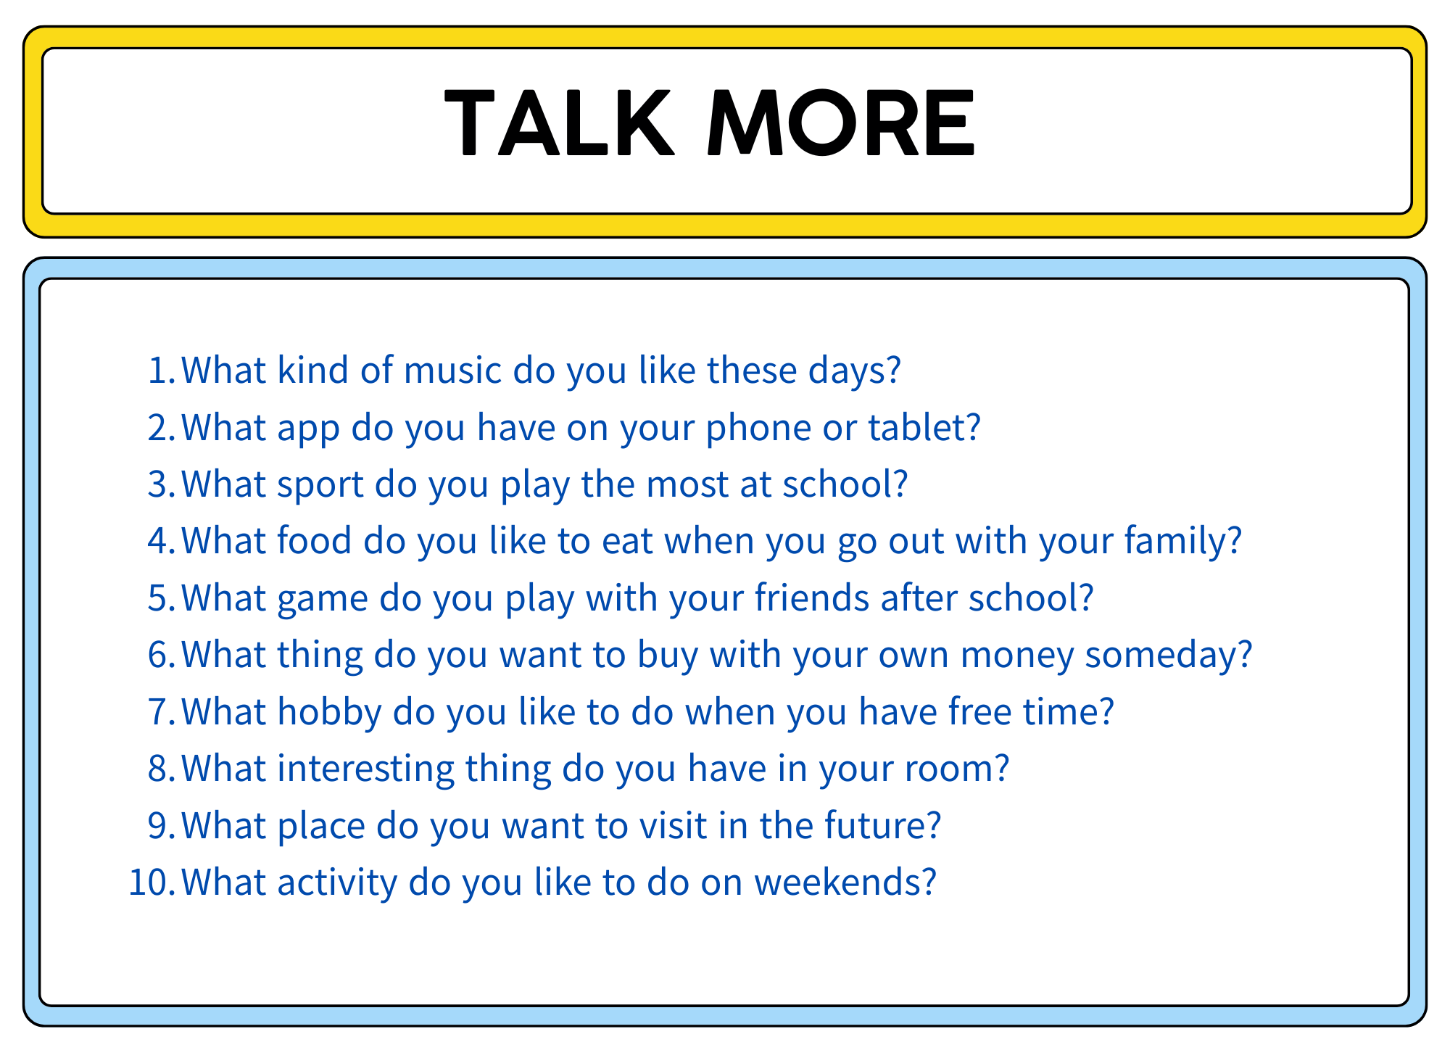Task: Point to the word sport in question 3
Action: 320,484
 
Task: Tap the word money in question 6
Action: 1017,656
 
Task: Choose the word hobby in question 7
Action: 330,712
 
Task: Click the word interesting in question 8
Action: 366,769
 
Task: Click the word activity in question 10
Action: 338,883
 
